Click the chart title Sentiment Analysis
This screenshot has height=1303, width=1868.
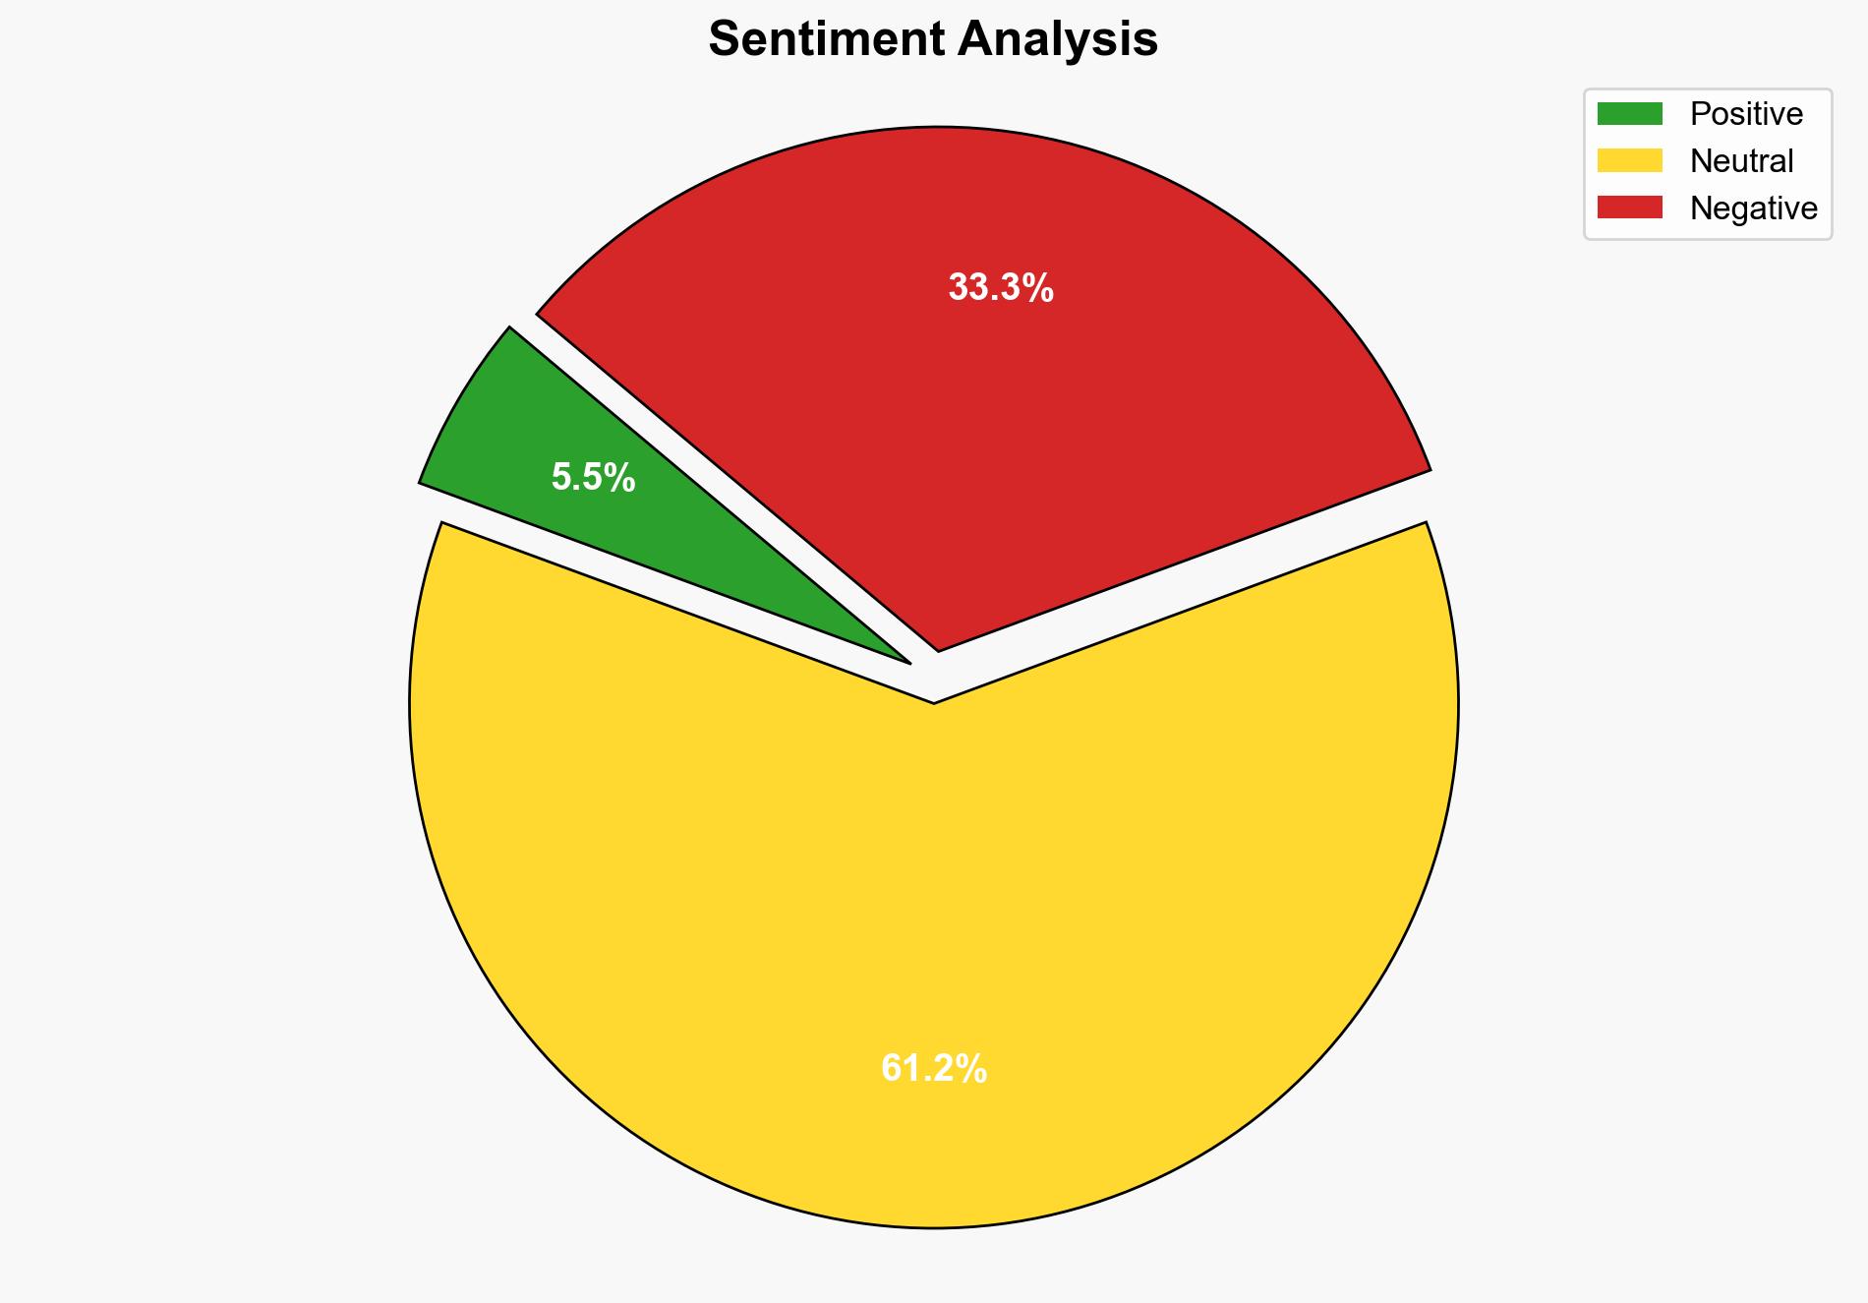[x=933, y=40]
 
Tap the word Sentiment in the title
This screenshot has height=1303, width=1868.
[x=825, y=40]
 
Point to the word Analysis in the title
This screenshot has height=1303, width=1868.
[x=1058, y=40]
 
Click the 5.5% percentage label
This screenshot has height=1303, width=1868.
[x=593, y=478]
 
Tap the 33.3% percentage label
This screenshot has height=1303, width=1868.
[x=1001, y=288]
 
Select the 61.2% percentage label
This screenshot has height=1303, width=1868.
[x=933, y=1068]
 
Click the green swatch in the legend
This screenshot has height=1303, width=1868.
[x=1629, y=114]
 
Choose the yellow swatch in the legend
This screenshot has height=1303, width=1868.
[x=1629, y=160]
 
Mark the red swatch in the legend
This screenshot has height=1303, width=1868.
[x=1629, y=207]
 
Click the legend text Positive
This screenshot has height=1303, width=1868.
[x=1746, y=114]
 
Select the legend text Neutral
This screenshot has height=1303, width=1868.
[x=1741, y=160]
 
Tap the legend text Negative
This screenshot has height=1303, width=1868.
[x=1753, y=207]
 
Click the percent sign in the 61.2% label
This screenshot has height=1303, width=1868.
[x=971, y=1068]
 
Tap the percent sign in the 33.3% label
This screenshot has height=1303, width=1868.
[x=1038, y=288]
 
